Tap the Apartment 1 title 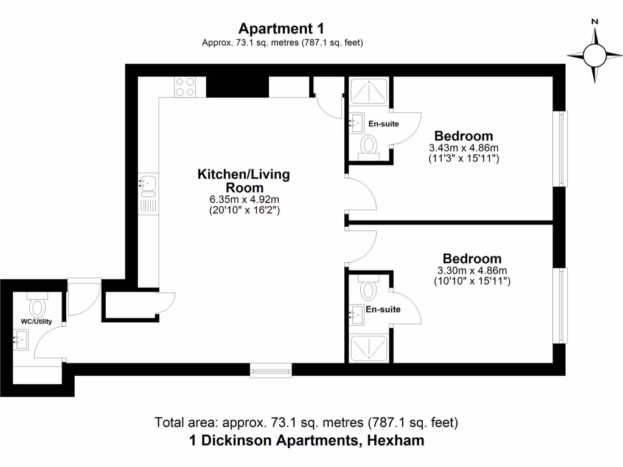pos(281,29)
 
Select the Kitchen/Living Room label pos(243,181)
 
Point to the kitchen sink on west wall pos(148,182)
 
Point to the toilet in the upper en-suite pos(369,146)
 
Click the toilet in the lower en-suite pos(369,288)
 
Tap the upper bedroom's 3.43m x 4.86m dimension pos(464,148)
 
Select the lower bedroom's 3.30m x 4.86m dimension pos(472,271)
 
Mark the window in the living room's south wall pos(271,369)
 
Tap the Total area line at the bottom pos(307,422)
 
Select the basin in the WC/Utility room pos(21,338)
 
